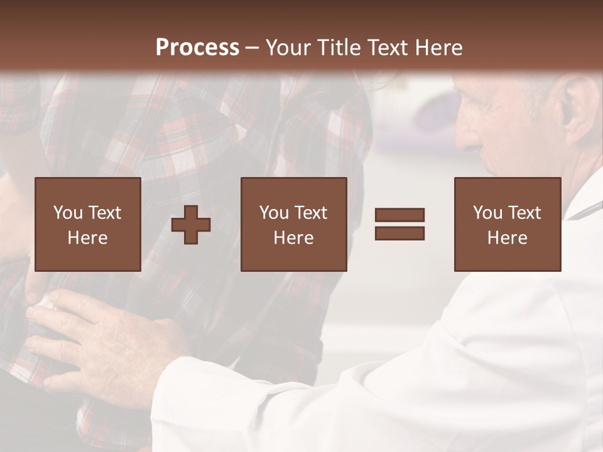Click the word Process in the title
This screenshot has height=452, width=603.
pos(197,48)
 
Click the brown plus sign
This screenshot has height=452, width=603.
pos(191,225)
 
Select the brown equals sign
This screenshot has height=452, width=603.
pos(399,224)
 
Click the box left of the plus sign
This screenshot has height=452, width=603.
pos(87,224)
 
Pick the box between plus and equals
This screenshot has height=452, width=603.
pos(293,224)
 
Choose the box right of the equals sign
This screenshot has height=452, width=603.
pos(507,224)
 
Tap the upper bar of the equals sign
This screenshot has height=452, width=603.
pos(399,215)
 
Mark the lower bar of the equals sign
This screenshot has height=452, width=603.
pos(399,233)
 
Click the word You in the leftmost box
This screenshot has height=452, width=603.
pos(65,213)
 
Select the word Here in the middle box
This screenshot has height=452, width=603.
pos(293,238)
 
